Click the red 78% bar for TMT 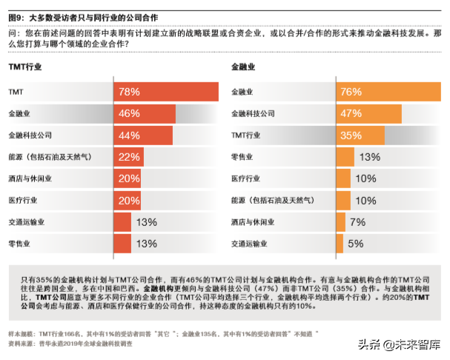coord(166,92)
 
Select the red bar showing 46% coord(145,113)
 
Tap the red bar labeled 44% coord(143,135)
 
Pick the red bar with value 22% coord(128,157)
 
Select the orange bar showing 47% coord(368,113)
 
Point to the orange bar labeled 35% coord(360,135)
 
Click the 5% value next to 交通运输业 coord(355,243)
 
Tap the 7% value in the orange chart coord(357,221)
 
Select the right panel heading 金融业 coord(244,67)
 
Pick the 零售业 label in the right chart coord(242,157)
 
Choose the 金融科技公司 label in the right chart coord(253,113)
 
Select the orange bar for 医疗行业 coord(343,179)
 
